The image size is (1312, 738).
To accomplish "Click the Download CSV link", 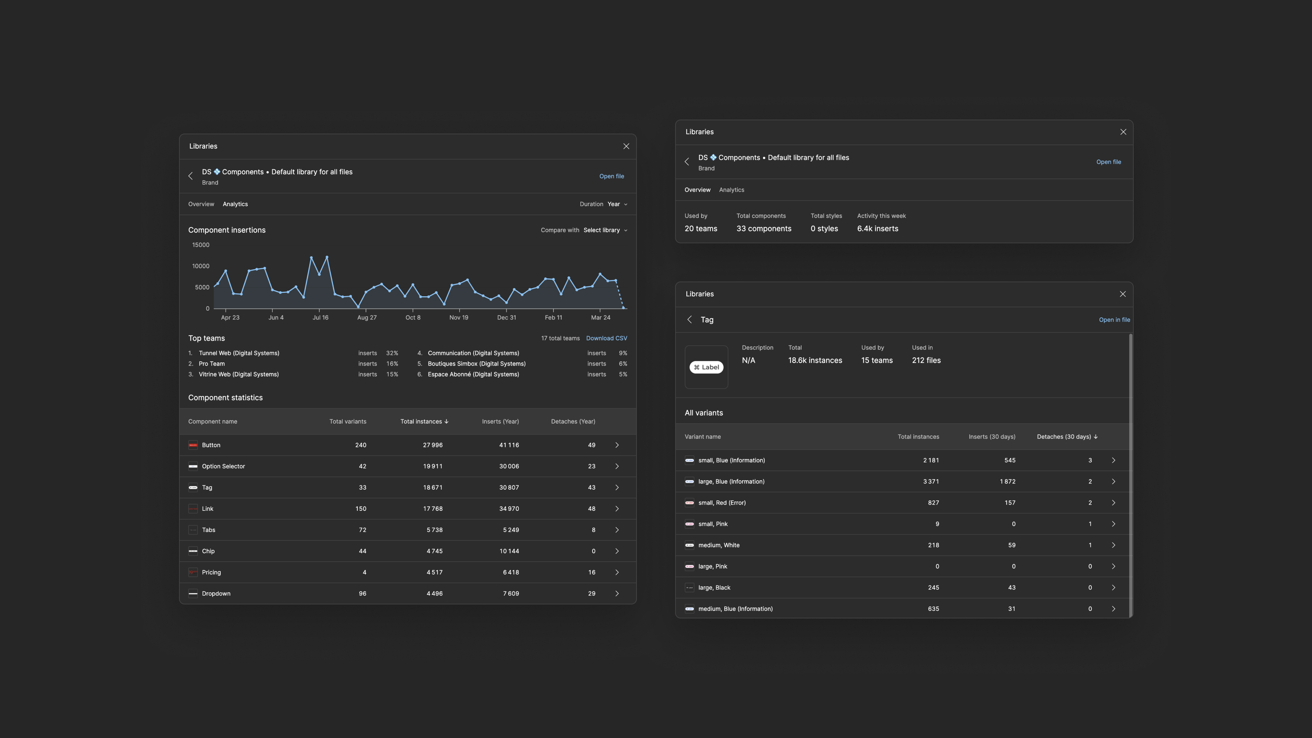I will click(x=606, y=338).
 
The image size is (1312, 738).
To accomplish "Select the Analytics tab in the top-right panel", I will click(x=732, y=190).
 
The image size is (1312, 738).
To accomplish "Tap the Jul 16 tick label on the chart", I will click(x=320, y=317).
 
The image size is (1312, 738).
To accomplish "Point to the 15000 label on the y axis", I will click(x=201, y=245).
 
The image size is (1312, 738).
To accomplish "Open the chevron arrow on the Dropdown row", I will click(x=617, y=593).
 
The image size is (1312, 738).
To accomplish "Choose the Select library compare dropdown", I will click(x=604, y=230).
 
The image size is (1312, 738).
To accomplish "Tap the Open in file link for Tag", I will click(x=1114, y=320).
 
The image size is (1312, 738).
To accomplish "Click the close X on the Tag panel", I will click(x=1122, y=294).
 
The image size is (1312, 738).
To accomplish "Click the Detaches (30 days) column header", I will click(x=1066, y=437).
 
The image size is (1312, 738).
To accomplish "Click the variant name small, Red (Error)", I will click(x=722, y=503).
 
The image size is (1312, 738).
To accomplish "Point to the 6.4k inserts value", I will click(x=877, y=229).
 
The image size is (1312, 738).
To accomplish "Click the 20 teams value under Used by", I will click(x=700, y=229).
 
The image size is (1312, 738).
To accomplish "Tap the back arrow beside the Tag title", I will click(x=689, y=320).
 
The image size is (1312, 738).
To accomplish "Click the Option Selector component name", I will click(x=223, y=466).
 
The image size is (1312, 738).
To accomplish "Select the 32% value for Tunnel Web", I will click(x=392, y=353).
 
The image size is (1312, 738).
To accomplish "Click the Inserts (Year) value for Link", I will click(x=509, y=509).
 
